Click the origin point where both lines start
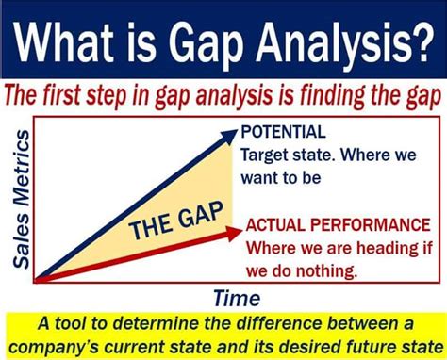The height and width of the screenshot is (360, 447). pyautogui.click(x=37, y=279)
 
